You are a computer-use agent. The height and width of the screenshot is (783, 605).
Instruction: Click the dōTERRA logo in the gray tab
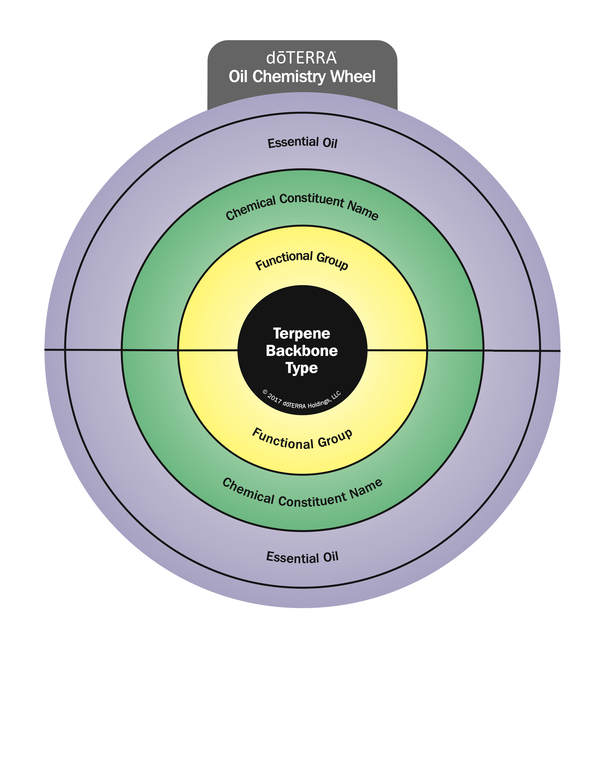pyautogui.click(x=301, y=58)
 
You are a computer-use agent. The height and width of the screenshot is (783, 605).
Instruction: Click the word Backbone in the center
pyautogui.click(x=301, y=351)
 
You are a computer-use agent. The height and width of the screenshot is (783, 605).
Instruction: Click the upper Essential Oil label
pyautogui.click(x=302, y=143)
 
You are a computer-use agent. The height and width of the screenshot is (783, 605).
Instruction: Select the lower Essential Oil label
pyautogui.click(x=302, y=557)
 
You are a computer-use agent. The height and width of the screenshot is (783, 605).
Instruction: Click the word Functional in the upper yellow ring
pyautogui.click(x=284, y=260)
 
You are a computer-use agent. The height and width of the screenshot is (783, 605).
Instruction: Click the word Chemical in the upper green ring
pyautogui.click(x=251, y=208)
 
